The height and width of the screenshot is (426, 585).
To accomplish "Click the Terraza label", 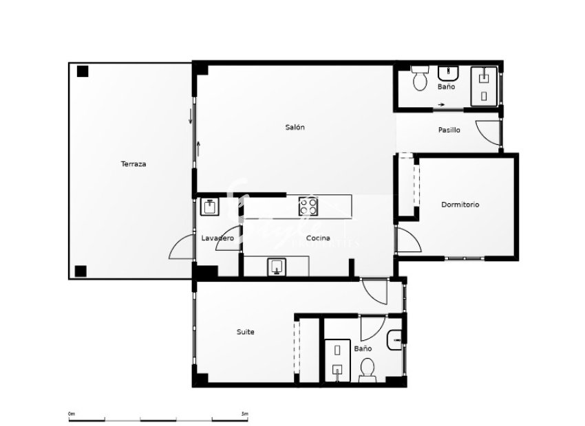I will [x=134, y=164].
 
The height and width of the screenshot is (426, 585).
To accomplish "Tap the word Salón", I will [x=295, y=127].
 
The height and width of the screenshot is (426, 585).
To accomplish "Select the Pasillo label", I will [x=449, y=130].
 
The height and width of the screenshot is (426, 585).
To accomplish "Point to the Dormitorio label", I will [x=460, y=204].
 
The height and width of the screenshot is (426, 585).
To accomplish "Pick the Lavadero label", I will [x=217, y=238].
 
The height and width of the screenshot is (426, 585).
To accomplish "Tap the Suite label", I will [x=246, y=332].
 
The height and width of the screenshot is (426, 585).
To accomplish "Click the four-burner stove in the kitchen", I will [x=308, y=205].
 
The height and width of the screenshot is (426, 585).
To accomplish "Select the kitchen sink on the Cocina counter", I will [x=277, y=266].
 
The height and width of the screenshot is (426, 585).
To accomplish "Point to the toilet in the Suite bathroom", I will [x=367, y=370].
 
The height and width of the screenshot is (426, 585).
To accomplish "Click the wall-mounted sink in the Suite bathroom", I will [x=395, y=339].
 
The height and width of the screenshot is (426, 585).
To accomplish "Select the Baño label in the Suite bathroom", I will [x=363, y=349].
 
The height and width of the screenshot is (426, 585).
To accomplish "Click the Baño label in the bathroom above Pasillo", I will [x=446, y=87].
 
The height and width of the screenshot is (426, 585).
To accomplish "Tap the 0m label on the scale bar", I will [x=71, y=414].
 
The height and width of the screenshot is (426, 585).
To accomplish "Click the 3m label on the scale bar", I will [x=244, y=414].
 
